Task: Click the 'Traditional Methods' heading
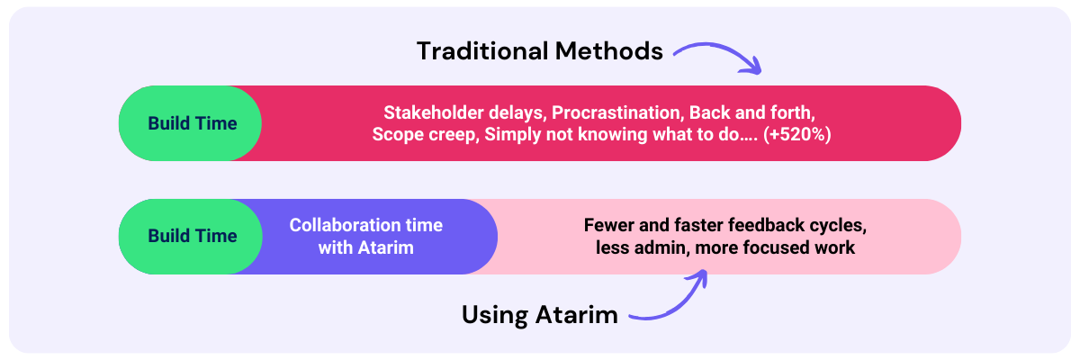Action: [x=539, y=51]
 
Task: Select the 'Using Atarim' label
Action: [x=539, y=314]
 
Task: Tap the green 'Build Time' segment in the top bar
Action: [x=192, y=123]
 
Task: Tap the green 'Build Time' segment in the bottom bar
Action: [x=192, y=236]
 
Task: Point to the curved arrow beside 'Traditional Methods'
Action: [x=717, y=56]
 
